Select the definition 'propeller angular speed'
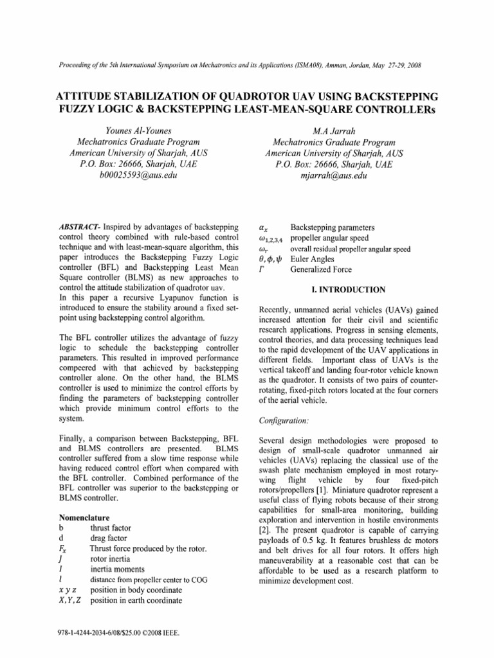coord(333,238)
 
